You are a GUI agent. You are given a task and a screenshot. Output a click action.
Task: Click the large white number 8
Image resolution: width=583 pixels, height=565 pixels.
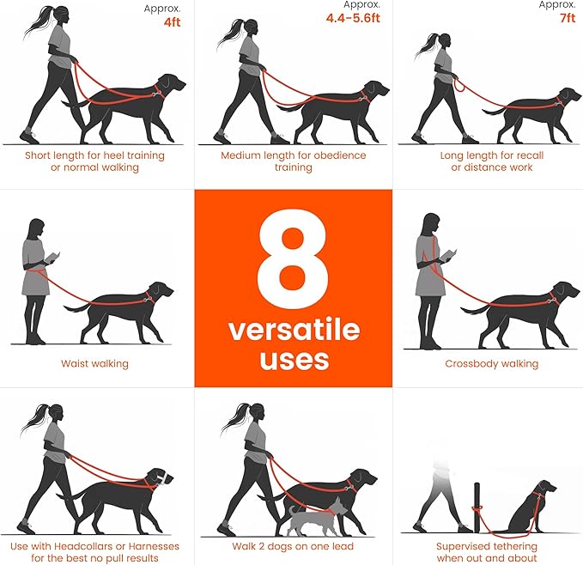coord(292,256)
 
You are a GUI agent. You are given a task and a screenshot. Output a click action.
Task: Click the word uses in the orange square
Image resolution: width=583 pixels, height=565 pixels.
coord(293,359)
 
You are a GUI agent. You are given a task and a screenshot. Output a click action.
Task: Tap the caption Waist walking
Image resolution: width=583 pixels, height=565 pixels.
coord(94,364)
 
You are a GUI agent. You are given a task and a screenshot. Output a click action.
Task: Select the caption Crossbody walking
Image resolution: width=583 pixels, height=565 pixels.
coord(491,364)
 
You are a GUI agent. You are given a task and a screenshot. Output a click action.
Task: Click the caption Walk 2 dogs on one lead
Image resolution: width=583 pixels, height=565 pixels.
coord(293,546)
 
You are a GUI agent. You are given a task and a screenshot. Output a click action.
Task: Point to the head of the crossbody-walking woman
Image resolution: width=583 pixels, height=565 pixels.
coord(428,227)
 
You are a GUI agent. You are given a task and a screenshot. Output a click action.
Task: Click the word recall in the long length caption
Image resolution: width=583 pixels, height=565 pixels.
coord(524,155)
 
